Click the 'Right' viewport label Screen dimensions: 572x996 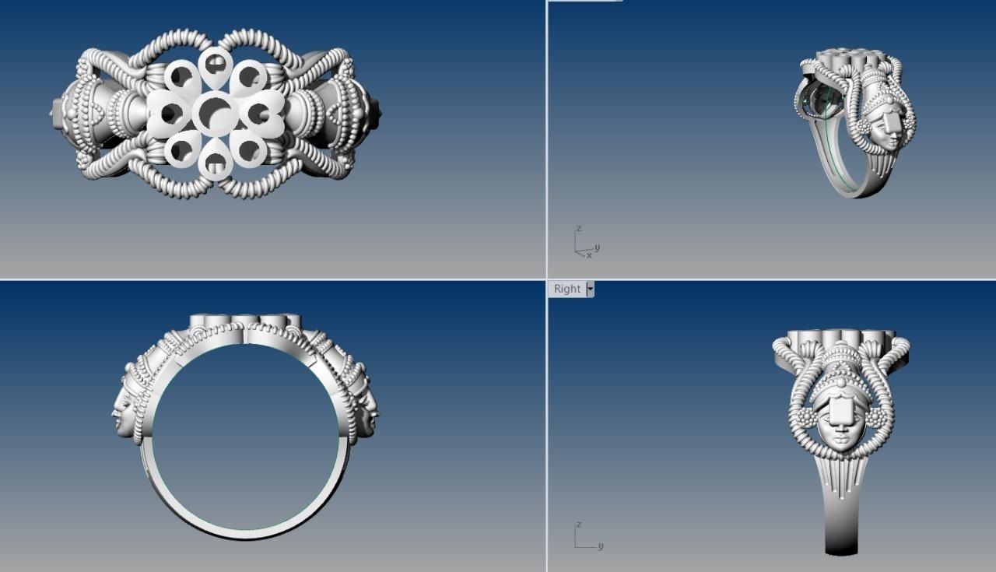(x=567, y=289)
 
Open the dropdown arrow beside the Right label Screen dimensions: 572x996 (x=590, y=289)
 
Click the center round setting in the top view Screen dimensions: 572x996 (x=216, y=113)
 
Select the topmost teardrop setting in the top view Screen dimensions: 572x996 (x=215, y=66)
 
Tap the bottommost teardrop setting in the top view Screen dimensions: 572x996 (x=215, y=160)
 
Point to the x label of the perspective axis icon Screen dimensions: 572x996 (x=589, y=255)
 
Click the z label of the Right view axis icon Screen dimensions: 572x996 (x=577, y=525)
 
